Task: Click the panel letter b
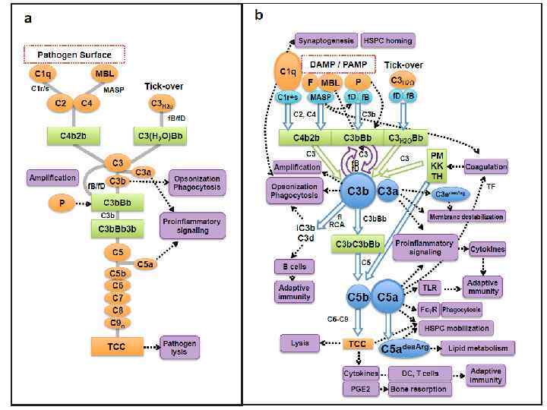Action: [x=259, y=14]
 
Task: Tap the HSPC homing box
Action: [x=387, y=40]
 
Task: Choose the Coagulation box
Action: [x=485, y=166]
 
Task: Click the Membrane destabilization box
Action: [x=466, y=216]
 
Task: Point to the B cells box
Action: [x=293, y=266]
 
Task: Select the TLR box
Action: [x=429, y=288]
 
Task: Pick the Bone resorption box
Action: [x=419, y=389]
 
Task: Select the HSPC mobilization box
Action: [x=455, y=328]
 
